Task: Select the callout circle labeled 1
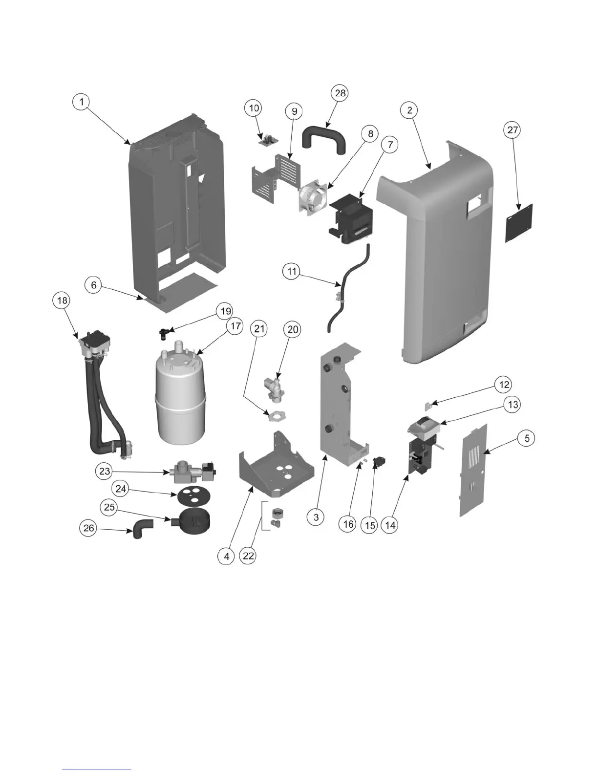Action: coord(82,102)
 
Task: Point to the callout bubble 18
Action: coord(62,300)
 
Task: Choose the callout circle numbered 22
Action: coord(249,556)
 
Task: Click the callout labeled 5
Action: coord(527,438)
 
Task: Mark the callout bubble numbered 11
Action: coord(292,272)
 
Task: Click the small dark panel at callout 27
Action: coord(519,223)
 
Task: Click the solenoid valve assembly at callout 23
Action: coord(192,472)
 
